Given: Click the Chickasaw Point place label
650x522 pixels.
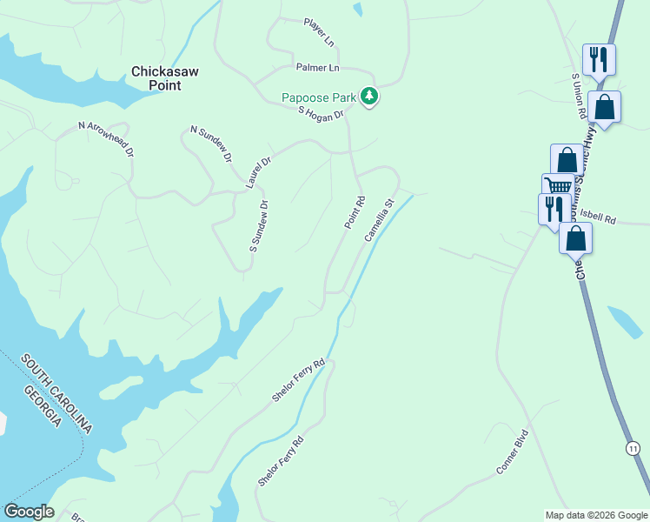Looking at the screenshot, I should pyautogui.click(x=156, y=78).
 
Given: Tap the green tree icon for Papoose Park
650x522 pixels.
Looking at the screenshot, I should pyautogui.click(x=370, y=97).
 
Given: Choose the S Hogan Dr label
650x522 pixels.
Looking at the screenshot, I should pyautogui.click(x=321, y=112).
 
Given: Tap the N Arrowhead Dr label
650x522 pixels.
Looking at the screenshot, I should pyautogui.click(x=106, y=139).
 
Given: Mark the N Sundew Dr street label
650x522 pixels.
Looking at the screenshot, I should pyautogui.click(x=211, y=144).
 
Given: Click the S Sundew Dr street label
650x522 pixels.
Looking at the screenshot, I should pyautogui.click(x=259, y=227).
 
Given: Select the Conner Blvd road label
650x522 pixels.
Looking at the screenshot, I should pyautogui.click(x=512, y=452).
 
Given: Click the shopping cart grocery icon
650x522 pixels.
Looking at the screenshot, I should pyautogui.click(x=558, y=185).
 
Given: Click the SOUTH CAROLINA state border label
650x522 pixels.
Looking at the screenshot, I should pyautogui.click(x=57, y=394).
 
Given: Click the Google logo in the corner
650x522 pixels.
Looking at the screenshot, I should pyautogui.click(x=29, y=512).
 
